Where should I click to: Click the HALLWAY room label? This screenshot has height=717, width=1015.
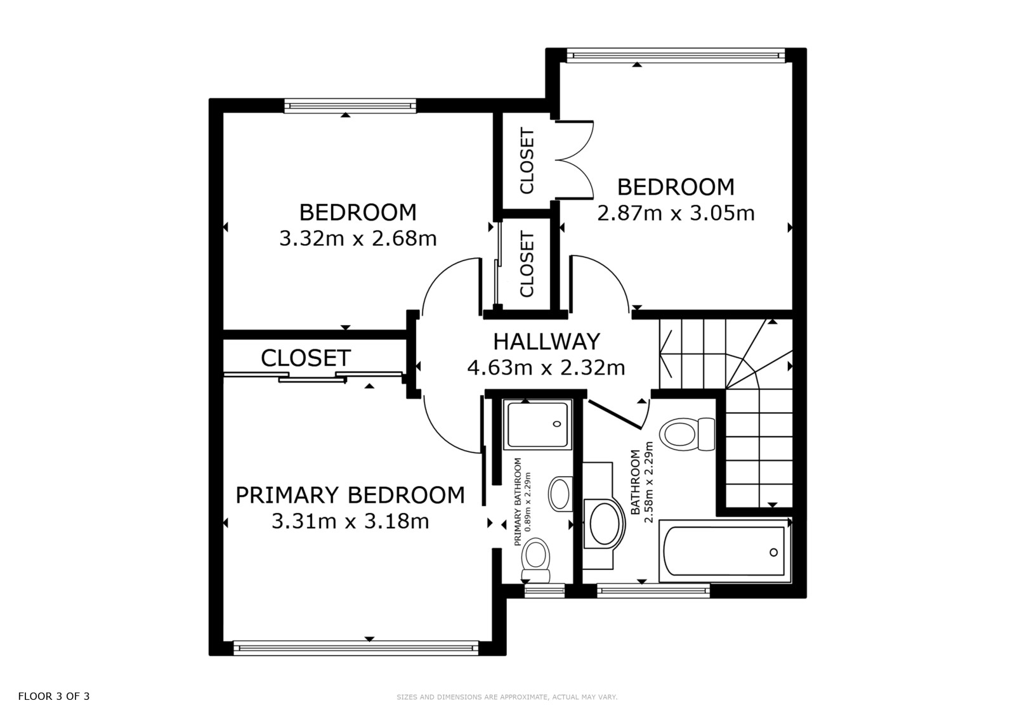546,342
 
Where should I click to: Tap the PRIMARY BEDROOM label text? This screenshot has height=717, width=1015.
350,495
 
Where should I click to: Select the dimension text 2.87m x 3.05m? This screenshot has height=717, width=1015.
676,213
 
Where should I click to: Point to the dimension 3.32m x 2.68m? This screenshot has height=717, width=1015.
358,238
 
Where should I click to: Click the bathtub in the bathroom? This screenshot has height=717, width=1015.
724,552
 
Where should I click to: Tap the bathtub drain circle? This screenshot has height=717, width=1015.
773,552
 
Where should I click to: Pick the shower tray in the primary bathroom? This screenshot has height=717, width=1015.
538,424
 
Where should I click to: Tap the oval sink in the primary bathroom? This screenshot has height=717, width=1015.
561,494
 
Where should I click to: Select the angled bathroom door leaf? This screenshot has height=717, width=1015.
615,415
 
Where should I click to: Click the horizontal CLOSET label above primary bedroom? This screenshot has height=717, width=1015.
306,358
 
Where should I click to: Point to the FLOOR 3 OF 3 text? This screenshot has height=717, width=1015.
54,696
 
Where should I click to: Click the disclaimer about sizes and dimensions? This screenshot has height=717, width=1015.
507,697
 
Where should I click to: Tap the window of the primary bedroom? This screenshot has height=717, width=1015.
356,648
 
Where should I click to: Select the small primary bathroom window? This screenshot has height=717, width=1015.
545,591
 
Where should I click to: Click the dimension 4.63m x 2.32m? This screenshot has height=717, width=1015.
546,367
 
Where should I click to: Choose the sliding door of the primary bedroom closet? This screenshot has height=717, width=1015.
313,377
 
